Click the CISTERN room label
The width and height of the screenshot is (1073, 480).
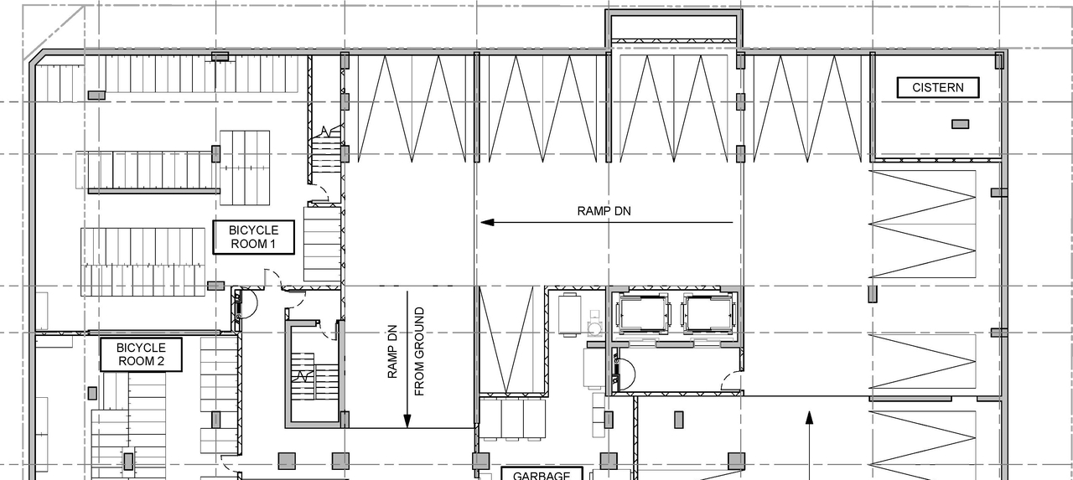click(x=937, y=88)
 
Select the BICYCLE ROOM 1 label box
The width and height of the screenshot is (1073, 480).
click(x=254, y=238)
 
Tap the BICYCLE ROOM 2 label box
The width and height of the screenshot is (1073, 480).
click(x=141, y=354)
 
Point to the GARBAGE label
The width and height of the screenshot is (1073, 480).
click(x=541, y=474)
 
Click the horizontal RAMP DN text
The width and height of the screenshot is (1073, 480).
click(x=604, y=211)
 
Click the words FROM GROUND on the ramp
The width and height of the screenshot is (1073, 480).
click(x=419, y=352)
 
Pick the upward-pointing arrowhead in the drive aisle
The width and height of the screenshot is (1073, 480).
click(x=809, y=416)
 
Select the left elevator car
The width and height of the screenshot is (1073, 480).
click(x=643, y=314)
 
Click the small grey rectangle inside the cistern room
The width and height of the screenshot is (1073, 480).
click(x=960, y=124)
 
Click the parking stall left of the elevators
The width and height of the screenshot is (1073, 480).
click(x=506, y=338)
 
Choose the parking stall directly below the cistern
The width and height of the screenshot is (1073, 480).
click(x=924, y=225)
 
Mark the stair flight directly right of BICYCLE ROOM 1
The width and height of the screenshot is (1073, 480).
click(x=320, y=245)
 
